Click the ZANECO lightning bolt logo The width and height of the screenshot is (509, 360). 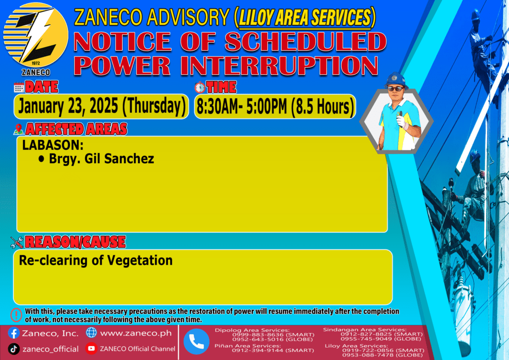36,35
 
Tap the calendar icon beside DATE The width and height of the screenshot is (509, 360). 19,88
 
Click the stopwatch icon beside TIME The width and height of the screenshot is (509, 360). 200,88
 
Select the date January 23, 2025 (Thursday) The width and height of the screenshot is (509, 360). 101,106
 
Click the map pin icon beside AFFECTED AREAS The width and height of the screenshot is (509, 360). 18,129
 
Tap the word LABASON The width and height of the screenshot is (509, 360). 51,145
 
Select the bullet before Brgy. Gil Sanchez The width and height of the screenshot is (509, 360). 41,159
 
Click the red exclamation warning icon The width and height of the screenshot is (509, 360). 16,315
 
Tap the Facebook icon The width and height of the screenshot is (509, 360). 13,333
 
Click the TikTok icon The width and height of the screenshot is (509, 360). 13,349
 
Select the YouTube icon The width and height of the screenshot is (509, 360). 91,349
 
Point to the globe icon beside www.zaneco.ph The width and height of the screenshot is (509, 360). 91,333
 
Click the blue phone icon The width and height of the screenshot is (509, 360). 196,342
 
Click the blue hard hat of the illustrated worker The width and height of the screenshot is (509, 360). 396,80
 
